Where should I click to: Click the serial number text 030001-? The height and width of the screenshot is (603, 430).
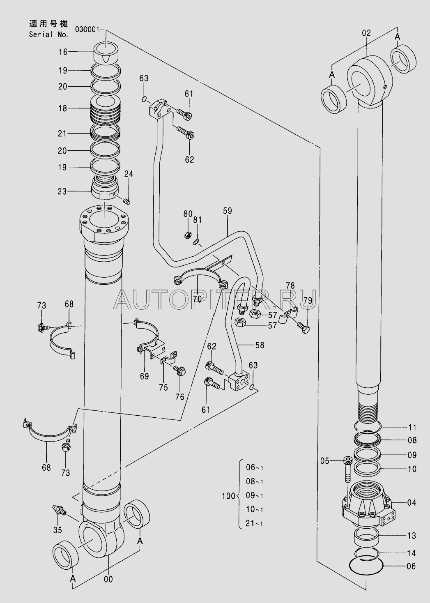click(x=90, y=29)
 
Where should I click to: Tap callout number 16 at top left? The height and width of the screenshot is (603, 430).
click(x=63, y=52)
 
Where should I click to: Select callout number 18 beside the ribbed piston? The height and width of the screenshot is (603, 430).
click(x=63, y=108)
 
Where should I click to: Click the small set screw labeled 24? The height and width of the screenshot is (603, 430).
click(x=127, y=201)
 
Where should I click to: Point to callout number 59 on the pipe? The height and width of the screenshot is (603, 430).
click(x=227, y=211)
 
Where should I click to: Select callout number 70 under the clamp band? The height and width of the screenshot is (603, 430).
click(x=197, y=299)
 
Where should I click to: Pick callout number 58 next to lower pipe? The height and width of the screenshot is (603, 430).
click(x=260, y=345)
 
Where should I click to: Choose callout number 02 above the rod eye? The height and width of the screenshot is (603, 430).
click(x=366, y=33)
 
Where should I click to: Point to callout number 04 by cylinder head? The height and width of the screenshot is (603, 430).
click(x=411, y=502)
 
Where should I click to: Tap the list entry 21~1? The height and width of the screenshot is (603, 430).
click(x=254, y=523)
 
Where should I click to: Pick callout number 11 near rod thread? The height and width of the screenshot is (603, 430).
click(x=412, y=426)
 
